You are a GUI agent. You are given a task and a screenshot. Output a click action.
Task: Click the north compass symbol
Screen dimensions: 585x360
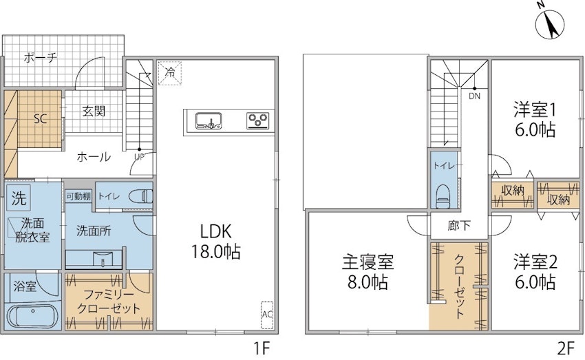pyautogui.click(x=550, y=25)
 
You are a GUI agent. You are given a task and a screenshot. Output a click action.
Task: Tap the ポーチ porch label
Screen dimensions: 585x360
pyautogui.click(x=41, y=57)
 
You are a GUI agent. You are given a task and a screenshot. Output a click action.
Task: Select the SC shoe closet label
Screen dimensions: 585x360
pyautogui.click(x=40, y=118)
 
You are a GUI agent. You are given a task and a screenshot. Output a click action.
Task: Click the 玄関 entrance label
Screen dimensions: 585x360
pyautogui.click(x=94, y=111)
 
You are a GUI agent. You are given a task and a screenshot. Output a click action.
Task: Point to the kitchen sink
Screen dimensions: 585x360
pyautogui.click(x=209, y=121)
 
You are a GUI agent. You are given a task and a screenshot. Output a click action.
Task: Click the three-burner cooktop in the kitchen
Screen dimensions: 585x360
pyautogui.click(x=258, y=121)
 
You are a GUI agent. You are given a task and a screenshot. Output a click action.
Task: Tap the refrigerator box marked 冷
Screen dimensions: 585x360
pyautogui.click(x=170, y=73)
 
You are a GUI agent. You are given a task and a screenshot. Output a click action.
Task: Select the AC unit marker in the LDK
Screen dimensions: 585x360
pyautogui.click(x=267, y=315)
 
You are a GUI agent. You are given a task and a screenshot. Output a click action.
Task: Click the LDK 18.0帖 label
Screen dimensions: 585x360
pyautogui.click(x=215, y=242)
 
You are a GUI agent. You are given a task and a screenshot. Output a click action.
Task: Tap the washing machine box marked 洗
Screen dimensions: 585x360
pyautogui.click(x=19, y=198)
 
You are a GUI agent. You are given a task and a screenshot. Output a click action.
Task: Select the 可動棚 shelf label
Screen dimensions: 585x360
pyautogui.click(x=78, y=196)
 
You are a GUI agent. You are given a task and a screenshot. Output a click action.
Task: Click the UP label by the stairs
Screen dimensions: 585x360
pyautogui.click(x=139, y=157)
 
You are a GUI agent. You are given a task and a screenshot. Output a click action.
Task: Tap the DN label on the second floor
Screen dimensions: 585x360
pyautogui.click(x=475, y=96)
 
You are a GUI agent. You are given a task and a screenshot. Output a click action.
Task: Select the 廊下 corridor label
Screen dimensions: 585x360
pyautogui.click(x=458, y=225)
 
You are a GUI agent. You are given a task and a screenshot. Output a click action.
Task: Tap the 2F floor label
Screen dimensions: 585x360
pyautogui.click(x=566, y=348)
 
